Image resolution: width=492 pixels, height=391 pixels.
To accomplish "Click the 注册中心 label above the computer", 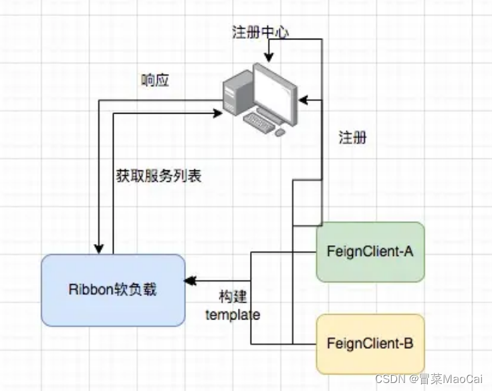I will coord(260,33).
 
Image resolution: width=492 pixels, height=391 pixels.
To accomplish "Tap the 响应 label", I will coord(155,80).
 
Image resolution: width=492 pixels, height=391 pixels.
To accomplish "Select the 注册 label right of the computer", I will coord(352,138).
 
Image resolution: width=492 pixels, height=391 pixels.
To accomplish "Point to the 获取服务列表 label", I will coord(158,176).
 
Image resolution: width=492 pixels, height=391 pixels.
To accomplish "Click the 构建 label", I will coord(232,297).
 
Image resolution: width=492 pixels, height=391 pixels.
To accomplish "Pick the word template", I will coord(232,314).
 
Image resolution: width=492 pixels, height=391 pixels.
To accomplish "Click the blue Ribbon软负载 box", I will coord(113,289).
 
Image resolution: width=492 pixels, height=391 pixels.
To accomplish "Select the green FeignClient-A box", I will coord(370,251).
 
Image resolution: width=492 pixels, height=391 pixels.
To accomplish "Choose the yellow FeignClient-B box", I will coord(370,344).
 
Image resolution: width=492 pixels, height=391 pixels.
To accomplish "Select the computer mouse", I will coord(280,132).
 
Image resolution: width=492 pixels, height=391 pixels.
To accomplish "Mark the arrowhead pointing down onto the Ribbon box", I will coord(98,249).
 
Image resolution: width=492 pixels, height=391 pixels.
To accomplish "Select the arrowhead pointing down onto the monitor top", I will coord(269,57).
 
